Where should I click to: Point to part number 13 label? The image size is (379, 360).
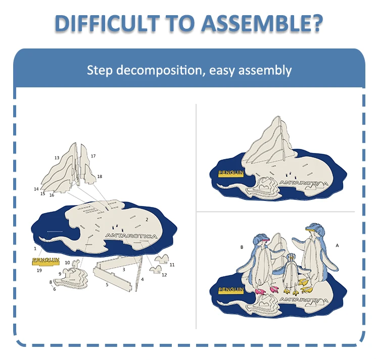(x=57, y=158)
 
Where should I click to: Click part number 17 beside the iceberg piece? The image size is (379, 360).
(x=93, y=156)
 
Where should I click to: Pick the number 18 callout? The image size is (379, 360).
(x=100, y=176)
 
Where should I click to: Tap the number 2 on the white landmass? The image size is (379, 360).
(x=147, y=220)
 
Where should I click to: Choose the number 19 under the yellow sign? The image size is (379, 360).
(x=39, y=270)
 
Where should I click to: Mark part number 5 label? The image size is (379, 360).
(x=107, y=285)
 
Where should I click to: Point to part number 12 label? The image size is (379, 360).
(x=164, y=275)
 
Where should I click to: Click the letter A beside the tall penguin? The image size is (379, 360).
(x=337, y=245)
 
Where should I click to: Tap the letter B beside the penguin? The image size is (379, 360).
(x=242, y=247)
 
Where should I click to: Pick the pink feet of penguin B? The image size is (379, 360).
(x=261, y=290)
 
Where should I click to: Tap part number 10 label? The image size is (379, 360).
(x=67, y=263)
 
